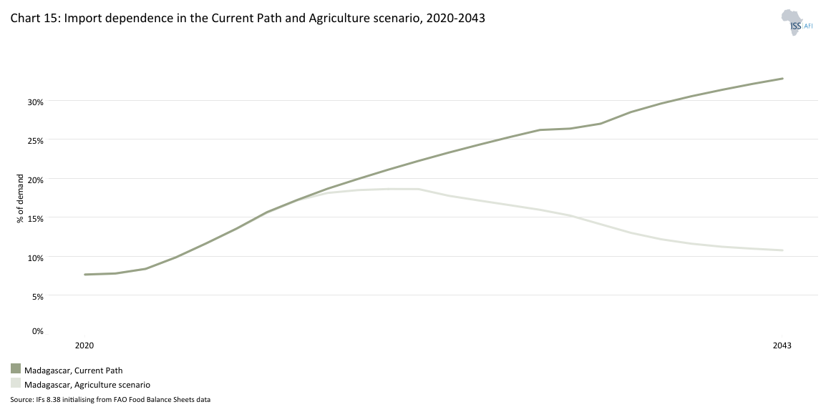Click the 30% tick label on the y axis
[36, 102]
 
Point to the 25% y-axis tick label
[36, 140]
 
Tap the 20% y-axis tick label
[36, 180]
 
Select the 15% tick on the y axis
[36, 218]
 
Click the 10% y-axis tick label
[36, 257]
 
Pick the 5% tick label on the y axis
[38, 296]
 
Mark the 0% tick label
[38, 331]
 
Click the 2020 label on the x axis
[84, 345]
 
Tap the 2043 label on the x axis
[782, 345]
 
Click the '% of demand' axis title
[20, 198]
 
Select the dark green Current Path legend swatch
[16, 368]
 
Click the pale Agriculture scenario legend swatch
[16, 383]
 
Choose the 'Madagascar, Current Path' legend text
[74, 371]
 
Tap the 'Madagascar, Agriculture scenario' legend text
[87, 385]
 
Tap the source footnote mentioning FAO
[110, 399]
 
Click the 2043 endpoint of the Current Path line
[783, 79]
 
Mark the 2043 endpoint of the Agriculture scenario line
[783, 250]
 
